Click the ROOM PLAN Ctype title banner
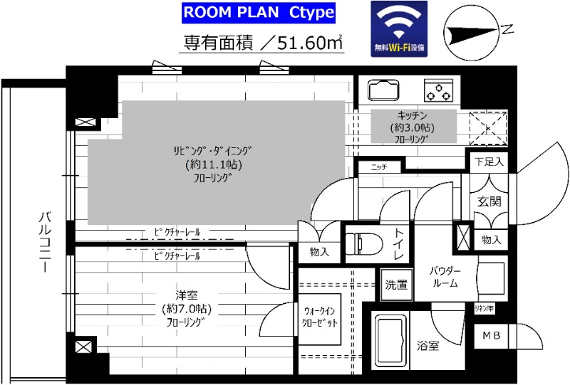tap(258, 14)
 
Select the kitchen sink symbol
tap(385, 90)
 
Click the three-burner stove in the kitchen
tap(439, 90)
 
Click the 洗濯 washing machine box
tap(396, 285)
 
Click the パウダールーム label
tap(445, 278)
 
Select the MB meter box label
tap(491, 336)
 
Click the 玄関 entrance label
tap(488, 201)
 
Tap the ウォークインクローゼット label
tap(323, 317)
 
